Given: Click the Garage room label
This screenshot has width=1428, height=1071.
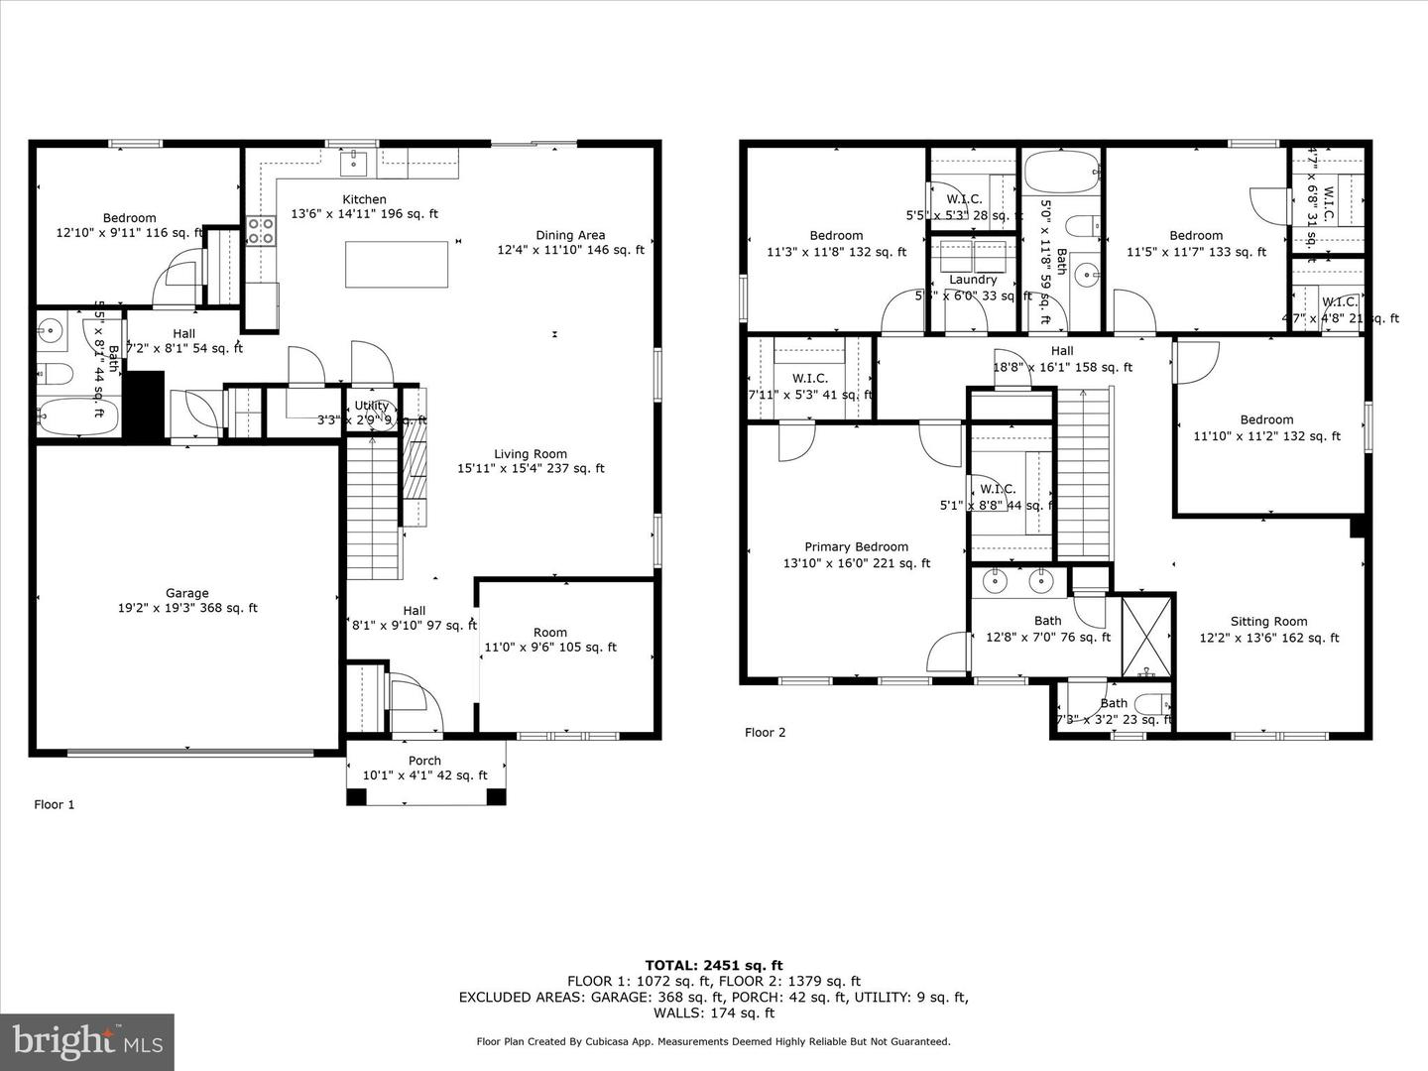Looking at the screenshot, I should pyautogui.click(x=186, y=594).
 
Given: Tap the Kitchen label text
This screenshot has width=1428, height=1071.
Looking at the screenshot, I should pyautogui.click(x=364, y=199).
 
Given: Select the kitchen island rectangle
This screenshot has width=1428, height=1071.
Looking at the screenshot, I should pyautogui.click(x=396, y=264).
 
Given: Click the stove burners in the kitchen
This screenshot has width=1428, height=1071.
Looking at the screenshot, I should pyautogui.click(x=261, y=231).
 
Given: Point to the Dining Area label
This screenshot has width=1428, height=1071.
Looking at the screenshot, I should pyautogui.click(x=570, y=235).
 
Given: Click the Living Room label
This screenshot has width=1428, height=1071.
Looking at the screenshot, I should pyautogui.click(x=531, y=454).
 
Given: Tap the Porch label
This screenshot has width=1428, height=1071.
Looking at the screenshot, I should pyautogui.click(x=424, y=761).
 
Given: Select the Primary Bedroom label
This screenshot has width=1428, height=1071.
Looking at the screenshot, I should pyautogui.click(x=856, y=546).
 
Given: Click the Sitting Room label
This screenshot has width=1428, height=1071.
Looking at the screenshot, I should pyautogui.click(x=1268, y=622).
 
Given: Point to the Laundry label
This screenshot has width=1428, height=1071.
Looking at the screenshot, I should pyautogui.click(x=973, y=280).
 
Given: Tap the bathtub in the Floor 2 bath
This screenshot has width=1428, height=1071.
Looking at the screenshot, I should pyautogui.click(x=1061, y=173).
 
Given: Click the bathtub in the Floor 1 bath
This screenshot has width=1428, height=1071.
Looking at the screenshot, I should pyautogui.click(x=77, y=416).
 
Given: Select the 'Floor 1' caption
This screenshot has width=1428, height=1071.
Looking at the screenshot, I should pyautogui.click(x=55, y=804).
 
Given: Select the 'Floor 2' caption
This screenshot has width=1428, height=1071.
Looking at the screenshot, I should pyautogui.click(x=765, y=732).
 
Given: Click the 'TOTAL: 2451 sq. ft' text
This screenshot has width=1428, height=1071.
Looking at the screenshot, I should pyautogui.click(x=713, y=965).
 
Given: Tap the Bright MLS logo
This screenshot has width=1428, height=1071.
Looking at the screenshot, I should pyautogui.click(x=87, y=1041).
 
